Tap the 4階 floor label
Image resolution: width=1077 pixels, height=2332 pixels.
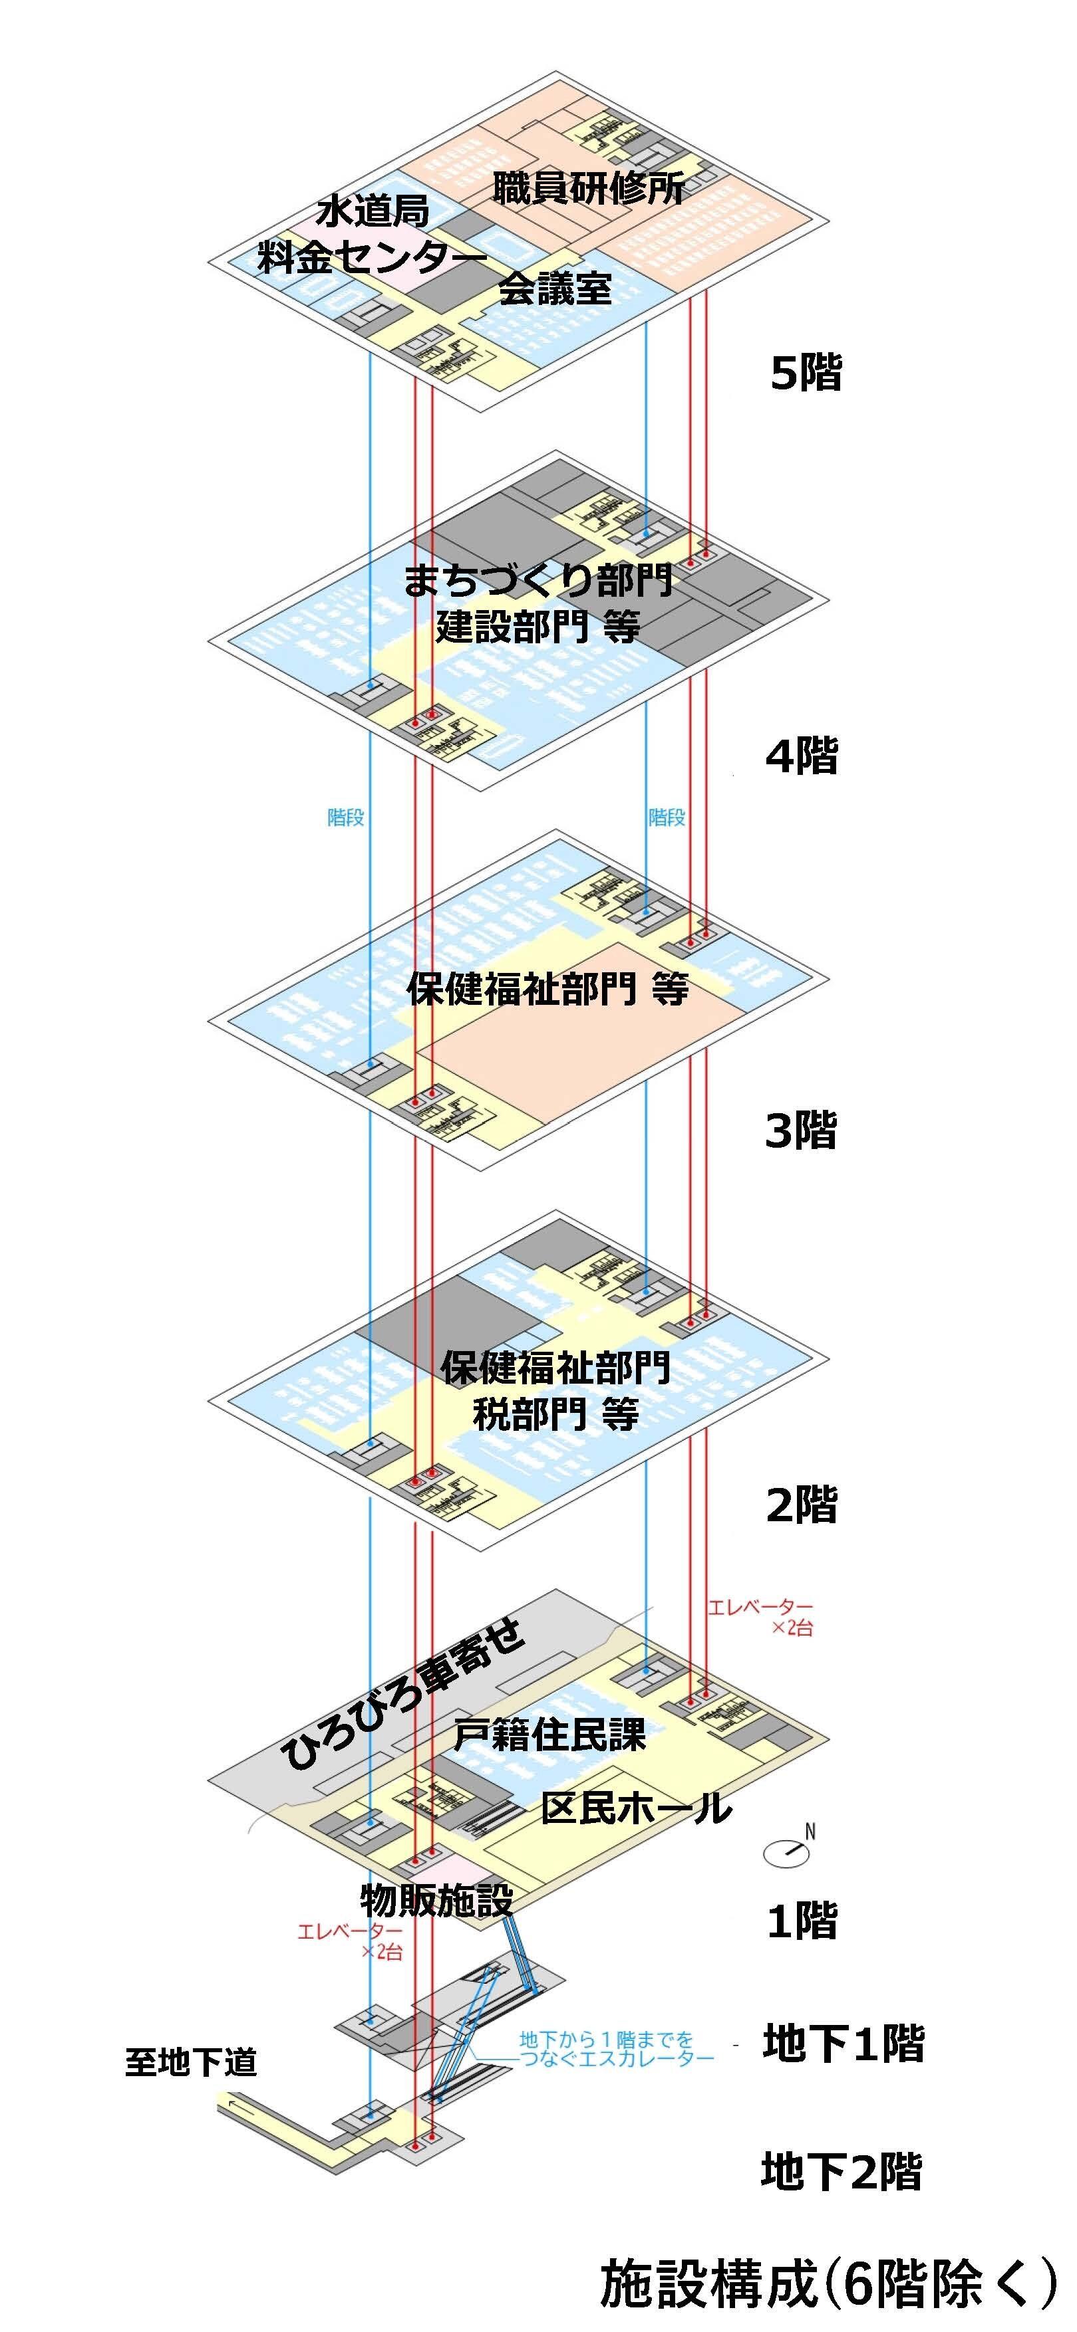pyautogui.click(x=802, y=755)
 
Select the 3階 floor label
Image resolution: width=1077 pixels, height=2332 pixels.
pyautogui.click(x=801, y=1130)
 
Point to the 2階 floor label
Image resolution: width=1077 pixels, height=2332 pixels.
pyautogui.click(x=802, y=1505)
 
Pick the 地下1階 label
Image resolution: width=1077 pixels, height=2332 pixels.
pyautogui.click(x=842, y=2044)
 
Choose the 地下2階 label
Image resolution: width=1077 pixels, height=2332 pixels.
pyautogui.click(x=841, y=2173)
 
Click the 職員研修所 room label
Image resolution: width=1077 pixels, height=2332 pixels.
pyautogui.click(x=589, y=188)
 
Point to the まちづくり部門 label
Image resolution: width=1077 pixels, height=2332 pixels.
pyautogui.click(x=538, y=580)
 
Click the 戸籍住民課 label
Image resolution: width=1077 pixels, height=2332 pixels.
pyautogui.click(x=549, y=1735)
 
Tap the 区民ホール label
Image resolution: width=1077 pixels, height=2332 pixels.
pyautogui.click(x=636, y=1808)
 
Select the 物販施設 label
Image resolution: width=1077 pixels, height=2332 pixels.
pyautogui.click(x=436, y=1899)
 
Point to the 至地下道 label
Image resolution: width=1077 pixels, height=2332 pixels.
pyautogui.click(x=191, y=2063)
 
